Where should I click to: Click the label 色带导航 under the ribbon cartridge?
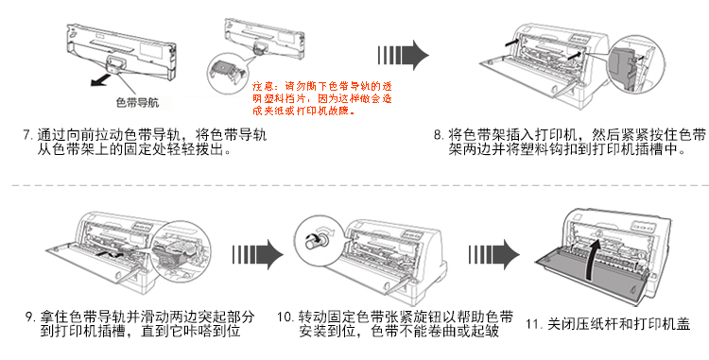tap(137, 103)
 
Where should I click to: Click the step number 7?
tap(27, 134)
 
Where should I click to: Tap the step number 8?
tap(438, 134)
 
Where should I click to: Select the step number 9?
tap(30, 317)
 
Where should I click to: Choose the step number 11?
tap(533, 324)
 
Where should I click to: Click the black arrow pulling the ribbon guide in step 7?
tap(101, 80)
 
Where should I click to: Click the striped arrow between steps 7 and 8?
tap(403, 55)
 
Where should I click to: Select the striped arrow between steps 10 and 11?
tap(493, 255)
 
